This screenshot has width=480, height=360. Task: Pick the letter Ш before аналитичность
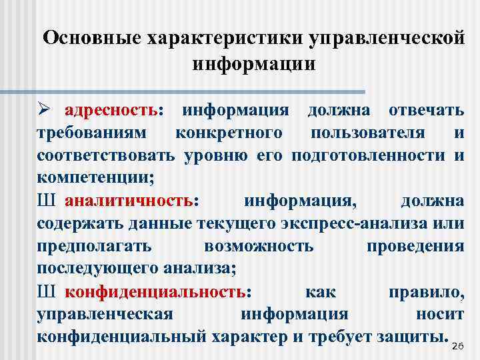[45, 201]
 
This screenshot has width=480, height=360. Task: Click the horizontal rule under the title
[200, 91]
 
